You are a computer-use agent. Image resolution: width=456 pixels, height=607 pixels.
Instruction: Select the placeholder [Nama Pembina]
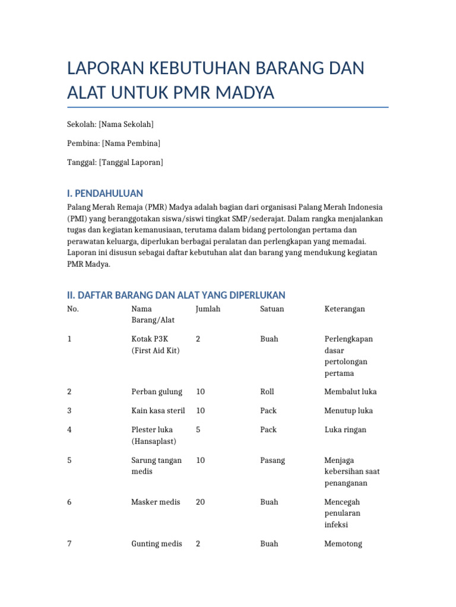coord(131,143)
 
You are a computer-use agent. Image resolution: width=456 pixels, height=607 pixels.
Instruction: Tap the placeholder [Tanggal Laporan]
coord(131,162)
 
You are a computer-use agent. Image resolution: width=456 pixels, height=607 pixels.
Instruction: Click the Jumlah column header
coord(207,309)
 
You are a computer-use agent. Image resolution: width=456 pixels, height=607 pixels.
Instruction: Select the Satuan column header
coord(272,309)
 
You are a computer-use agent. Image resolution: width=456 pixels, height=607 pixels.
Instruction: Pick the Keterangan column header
coord(344,309)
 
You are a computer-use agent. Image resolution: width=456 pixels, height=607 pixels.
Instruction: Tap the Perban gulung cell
coord(156,391)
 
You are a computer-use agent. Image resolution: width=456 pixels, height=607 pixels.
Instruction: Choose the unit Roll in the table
coord(267,391)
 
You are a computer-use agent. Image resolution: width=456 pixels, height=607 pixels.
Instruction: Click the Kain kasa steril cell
coord(158,410)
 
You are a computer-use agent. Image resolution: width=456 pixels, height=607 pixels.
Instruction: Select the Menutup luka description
coord(349,410)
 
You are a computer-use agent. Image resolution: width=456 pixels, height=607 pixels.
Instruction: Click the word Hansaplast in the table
coord(154,441)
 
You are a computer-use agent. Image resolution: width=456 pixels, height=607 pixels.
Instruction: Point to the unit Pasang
coord(273,460)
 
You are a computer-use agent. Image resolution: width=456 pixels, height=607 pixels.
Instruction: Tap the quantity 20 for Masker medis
coord(200,501)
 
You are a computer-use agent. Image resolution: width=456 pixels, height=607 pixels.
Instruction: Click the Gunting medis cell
coord(156,543)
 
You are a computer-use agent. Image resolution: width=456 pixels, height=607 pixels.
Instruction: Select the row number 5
coord(69,460)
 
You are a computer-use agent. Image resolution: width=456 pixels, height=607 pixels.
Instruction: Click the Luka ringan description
coord(346,429)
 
